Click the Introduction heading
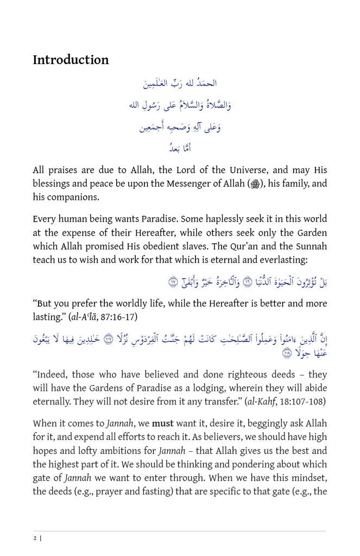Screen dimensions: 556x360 pyautogui.click(x=71, y=60)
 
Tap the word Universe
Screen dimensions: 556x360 pyautogui.click(x=237, y=170)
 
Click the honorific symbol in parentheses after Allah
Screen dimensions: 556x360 pyautogui.click(x=254, y=185)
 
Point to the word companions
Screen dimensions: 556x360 pyautogui.click(x=72, y=197)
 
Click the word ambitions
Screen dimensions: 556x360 pyautogui.click(x=121, y=451)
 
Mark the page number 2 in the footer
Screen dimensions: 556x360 pyautogui.click(x=35, y=538)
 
